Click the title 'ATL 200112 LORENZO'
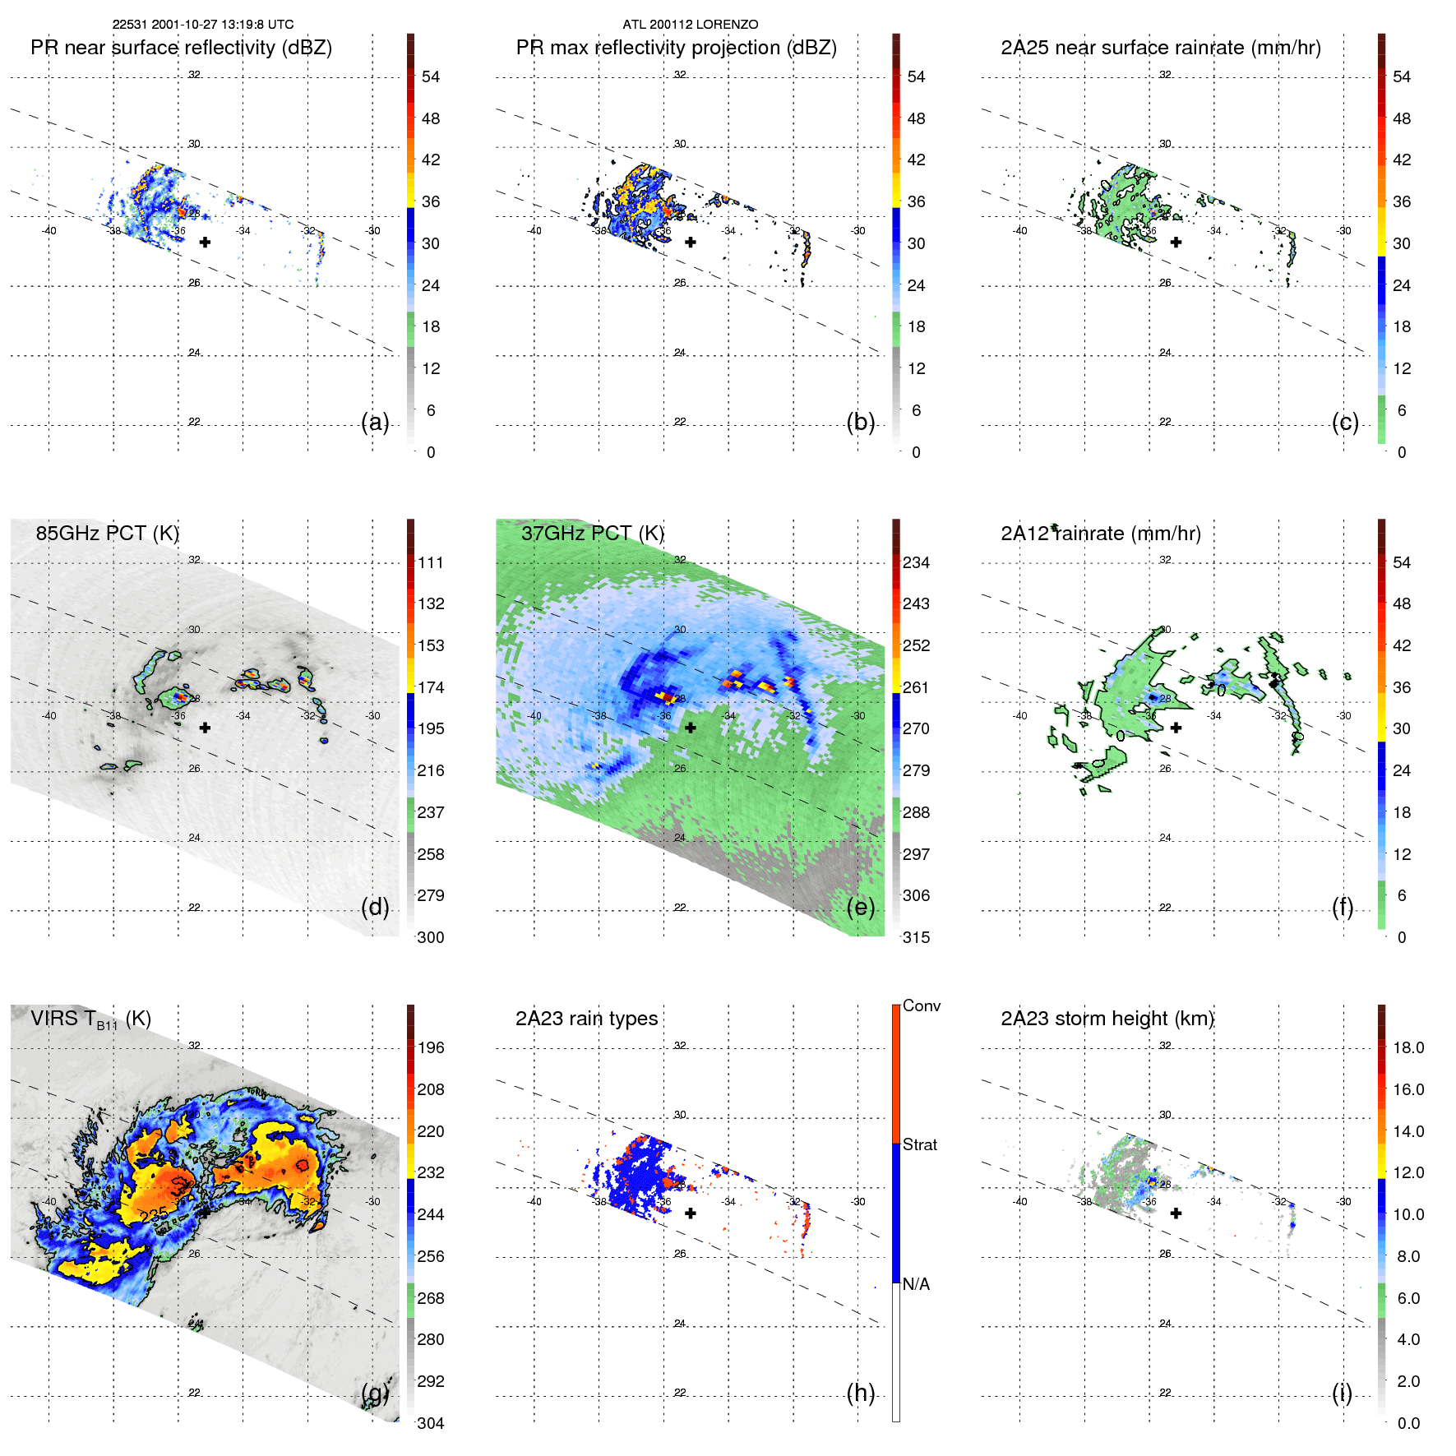click(x=690, y=25)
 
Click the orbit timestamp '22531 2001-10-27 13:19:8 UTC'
click(x=203, y=25)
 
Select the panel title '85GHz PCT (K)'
click(x=107, y=533)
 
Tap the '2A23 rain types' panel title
click(x=586, y=1019)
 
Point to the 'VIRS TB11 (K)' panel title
click(x=90, y=1019)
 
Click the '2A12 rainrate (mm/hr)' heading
click(x=1100, y=534)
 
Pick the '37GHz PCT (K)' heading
click(x=592, y=533)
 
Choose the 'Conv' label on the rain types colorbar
click(x=921, y=1005)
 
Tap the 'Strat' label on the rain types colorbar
click(x=919, y=1144)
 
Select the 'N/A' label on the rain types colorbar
click(x=916, y=1284)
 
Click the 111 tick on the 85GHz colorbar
click(x=430, y=562)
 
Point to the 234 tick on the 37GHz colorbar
click(x=916, y=562)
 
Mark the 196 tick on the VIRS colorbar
click(x=430, y=1047)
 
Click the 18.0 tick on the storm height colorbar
click(x=1407, y=1047)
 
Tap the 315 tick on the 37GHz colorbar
click(x=916, y=937)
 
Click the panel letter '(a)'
click(x=375, y=422)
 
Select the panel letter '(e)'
click(x=860, y=907)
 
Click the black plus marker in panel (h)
click(x=691, y=1213)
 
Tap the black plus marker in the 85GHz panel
click(x=205, y=728)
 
